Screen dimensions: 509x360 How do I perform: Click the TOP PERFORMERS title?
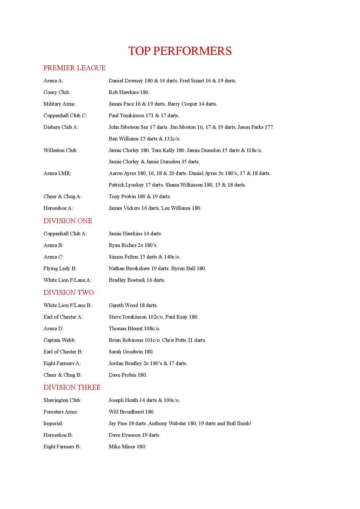click(x=180, y=51)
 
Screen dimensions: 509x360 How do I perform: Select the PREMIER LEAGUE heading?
click(x=74, y=68)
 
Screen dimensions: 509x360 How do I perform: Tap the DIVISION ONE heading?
click(x=68, y=221)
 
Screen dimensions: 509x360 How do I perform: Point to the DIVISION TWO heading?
click(x=69, y=293)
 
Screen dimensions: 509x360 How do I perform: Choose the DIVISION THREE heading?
click(x=72, y=387)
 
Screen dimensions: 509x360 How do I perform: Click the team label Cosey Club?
click(x=57, y=92)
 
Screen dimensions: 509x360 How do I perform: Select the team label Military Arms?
click(x=60, y=104)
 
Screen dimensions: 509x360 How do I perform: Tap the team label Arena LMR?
click(x=57, y=173)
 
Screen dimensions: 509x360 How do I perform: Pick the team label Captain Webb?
click(x=60, y=340)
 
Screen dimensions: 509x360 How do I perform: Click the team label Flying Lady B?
click(x=60, y=268)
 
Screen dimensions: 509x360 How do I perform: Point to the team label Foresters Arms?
click(x=61, y=412)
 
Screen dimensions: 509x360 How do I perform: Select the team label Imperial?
click(x=53, y=423)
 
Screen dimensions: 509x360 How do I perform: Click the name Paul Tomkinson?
click(x=127, y=115)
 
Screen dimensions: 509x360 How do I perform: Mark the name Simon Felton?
click(x=123, y=257)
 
